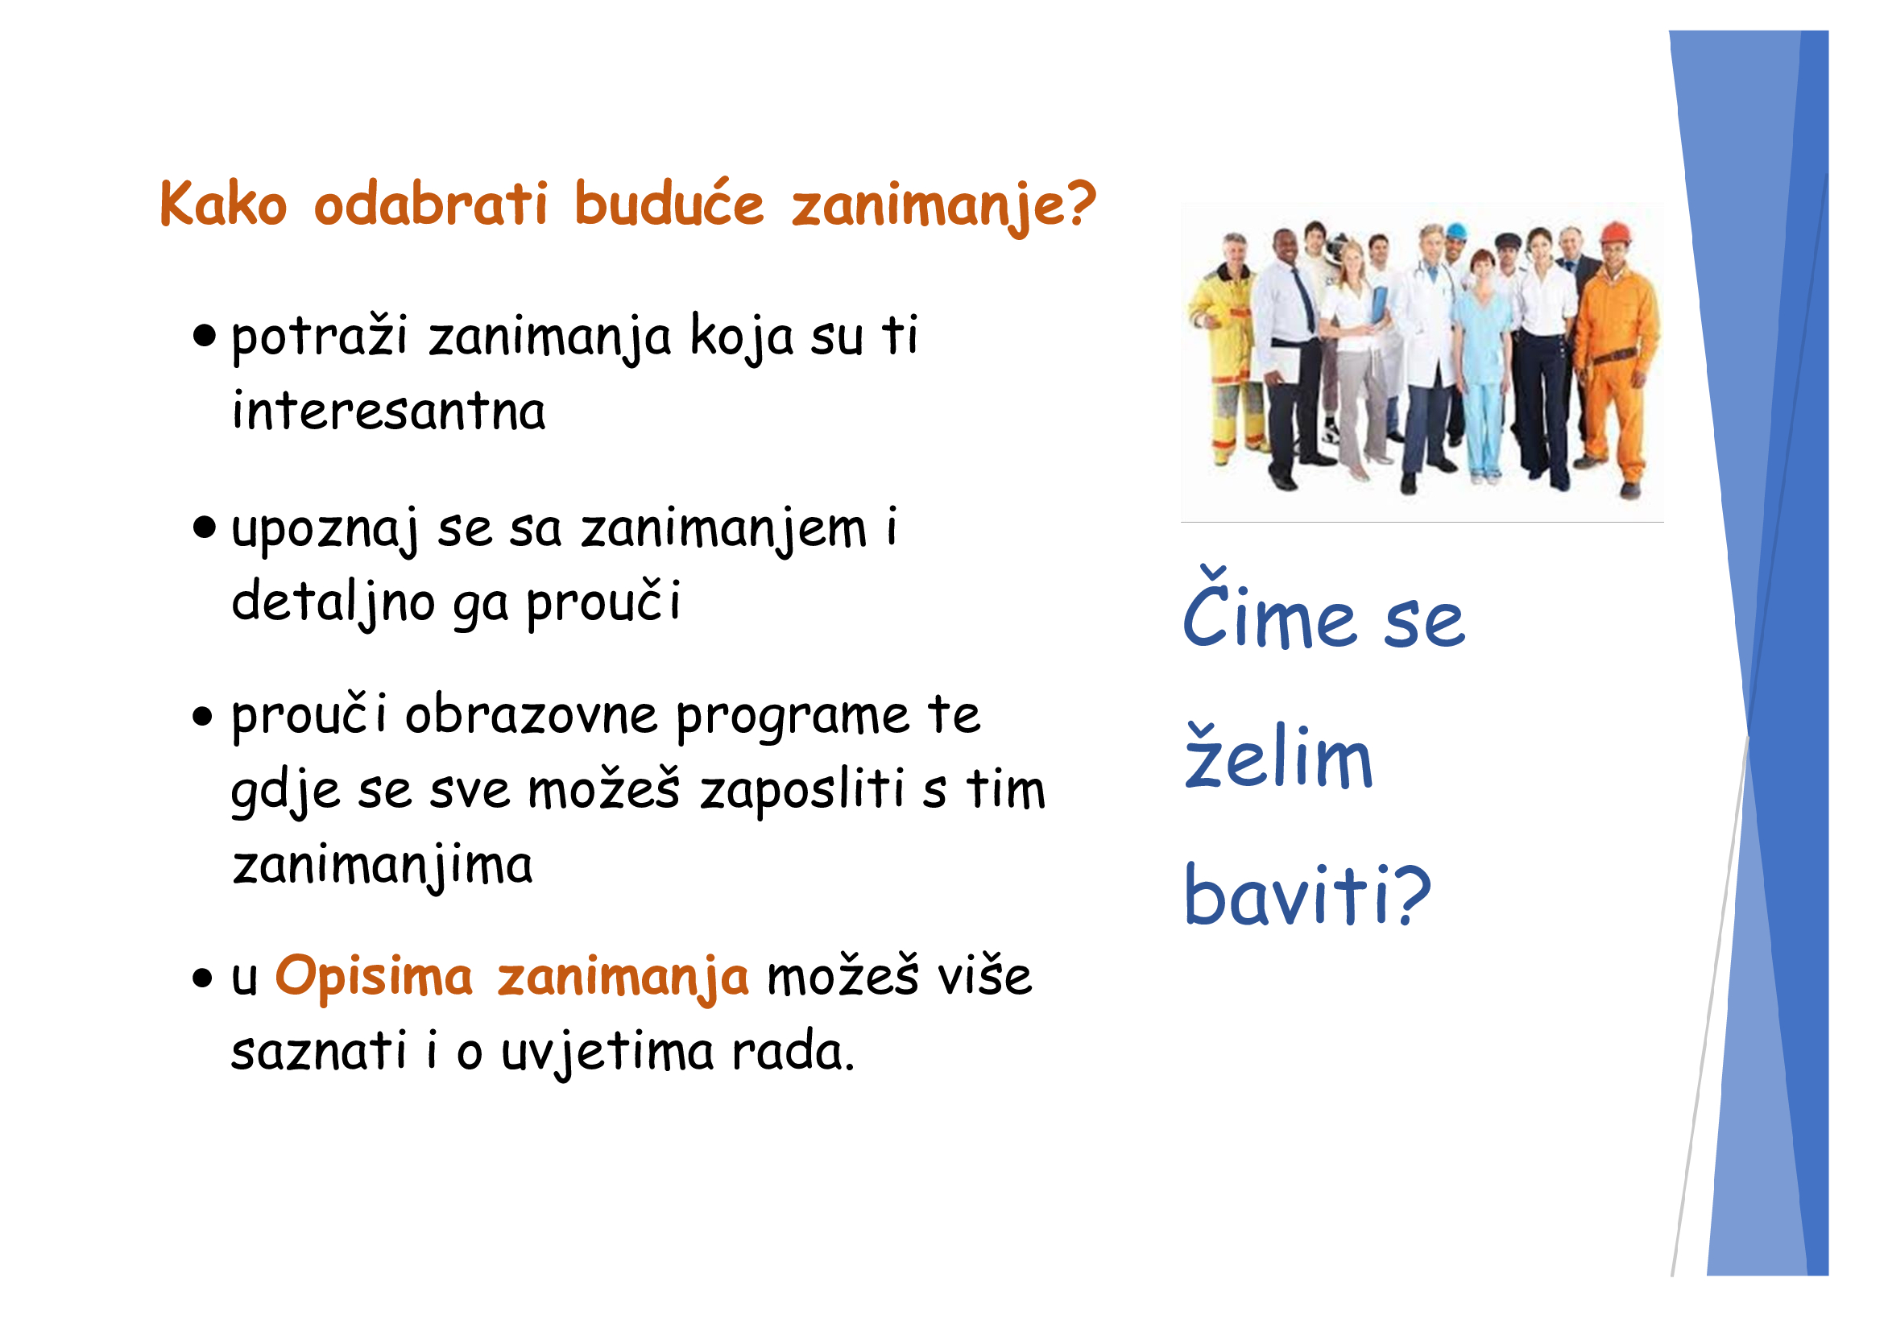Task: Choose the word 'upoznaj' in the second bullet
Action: click(x=325, y=529)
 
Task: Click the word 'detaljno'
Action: click(x=333, y=603)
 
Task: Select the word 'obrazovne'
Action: click(x=531, y=714)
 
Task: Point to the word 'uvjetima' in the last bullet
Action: click(x=607, y=1052)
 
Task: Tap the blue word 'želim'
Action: click(x=1278, y=755)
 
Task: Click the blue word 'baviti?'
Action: click(x=1307, y=895)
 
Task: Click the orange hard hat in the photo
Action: click(x=1615, y=233)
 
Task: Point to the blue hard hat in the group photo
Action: click(x=1455, y=231)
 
